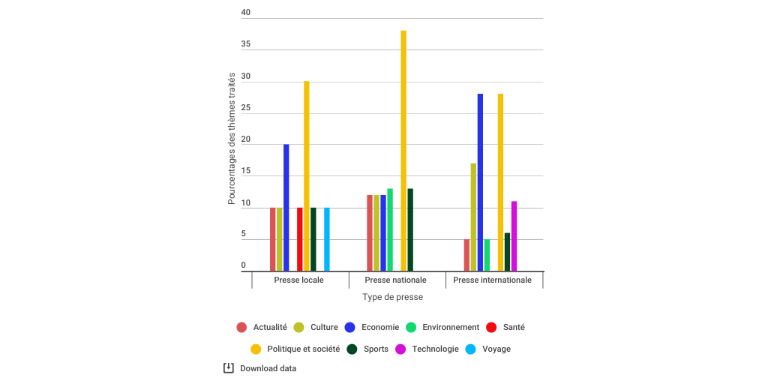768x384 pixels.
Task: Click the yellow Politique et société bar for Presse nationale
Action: pos(403,151)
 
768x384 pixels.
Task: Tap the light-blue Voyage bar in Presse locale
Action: pos(327,239)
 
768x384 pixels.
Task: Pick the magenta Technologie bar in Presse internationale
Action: pos(514,236)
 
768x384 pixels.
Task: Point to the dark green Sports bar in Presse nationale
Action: pos(410,229)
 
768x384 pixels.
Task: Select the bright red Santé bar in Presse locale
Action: pos(300,239)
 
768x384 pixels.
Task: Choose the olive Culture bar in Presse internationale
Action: pos(473,217)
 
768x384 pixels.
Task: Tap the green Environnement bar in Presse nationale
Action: pos(390,229)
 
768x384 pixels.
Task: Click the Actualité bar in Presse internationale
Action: pos(466,255)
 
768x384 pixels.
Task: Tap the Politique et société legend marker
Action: pos(256,349)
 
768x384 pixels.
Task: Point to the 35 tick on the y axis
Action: pos(246,44)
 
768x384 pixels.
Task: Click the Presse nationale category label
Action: pos(395,280)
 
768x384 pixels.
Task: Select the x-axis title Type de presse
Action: pos(392,297)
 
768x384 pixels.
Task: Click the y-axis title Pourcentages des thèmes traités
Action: pos(232,139)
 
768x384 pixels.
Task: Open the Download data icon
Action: pos(229,368)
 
